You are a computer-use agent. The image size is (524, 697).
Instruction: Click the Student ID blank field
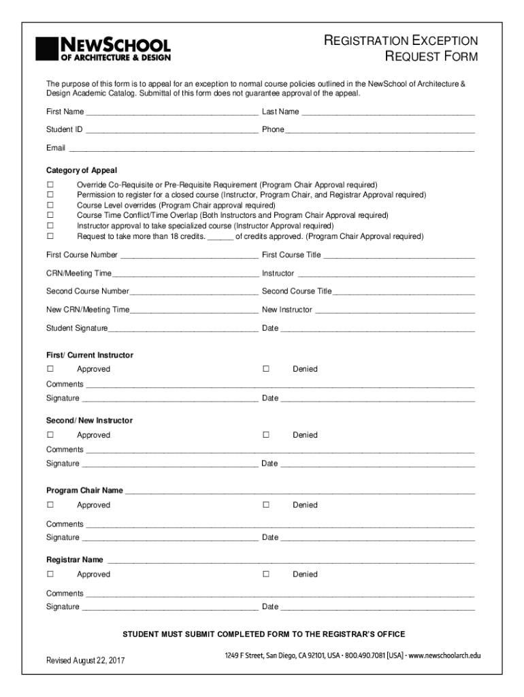[x=171, y=130]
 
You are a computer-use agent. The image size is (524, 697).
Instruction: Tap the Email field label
[x=56, y=148]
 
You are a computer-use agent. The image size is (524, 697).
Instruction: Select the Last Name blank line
[x=387, y=112]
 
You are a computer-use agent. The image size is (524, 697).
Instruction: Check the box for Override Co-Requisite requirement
[x=50, y=185]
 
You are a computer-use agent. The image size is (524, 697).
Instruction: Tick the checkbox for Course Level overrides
[x=50, y=206]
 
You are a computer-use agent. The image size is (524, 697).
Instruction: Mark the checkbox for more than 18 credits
[x=50, y=236]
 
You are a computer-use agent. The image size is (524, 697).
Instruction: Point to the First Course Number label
[x=82, y=255]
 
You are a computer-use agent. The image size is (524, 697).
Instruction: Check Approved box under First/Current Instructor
[x=50, y=369]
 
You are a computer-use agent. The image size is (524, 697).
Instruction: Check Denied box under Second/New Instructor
[x=266, y=435]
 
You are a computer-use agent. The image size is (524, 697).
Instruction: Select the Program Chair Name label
[x=84, y=490]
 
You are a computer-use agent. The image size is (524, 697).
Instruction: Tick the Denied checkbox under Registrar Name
[x=266, y=574]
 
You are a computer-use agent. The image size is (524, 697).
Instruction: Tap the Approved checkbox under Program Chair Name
[x=50, y=505]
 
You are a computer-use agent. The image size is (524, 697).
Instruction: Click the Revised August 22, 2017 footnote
[x=85, y=660]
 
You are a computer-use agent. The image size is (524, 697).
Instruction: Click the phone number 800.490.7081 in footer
[x=365, y=655]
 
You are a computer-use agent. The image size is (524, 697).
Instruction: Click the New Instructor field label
[x=286, y=310]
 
